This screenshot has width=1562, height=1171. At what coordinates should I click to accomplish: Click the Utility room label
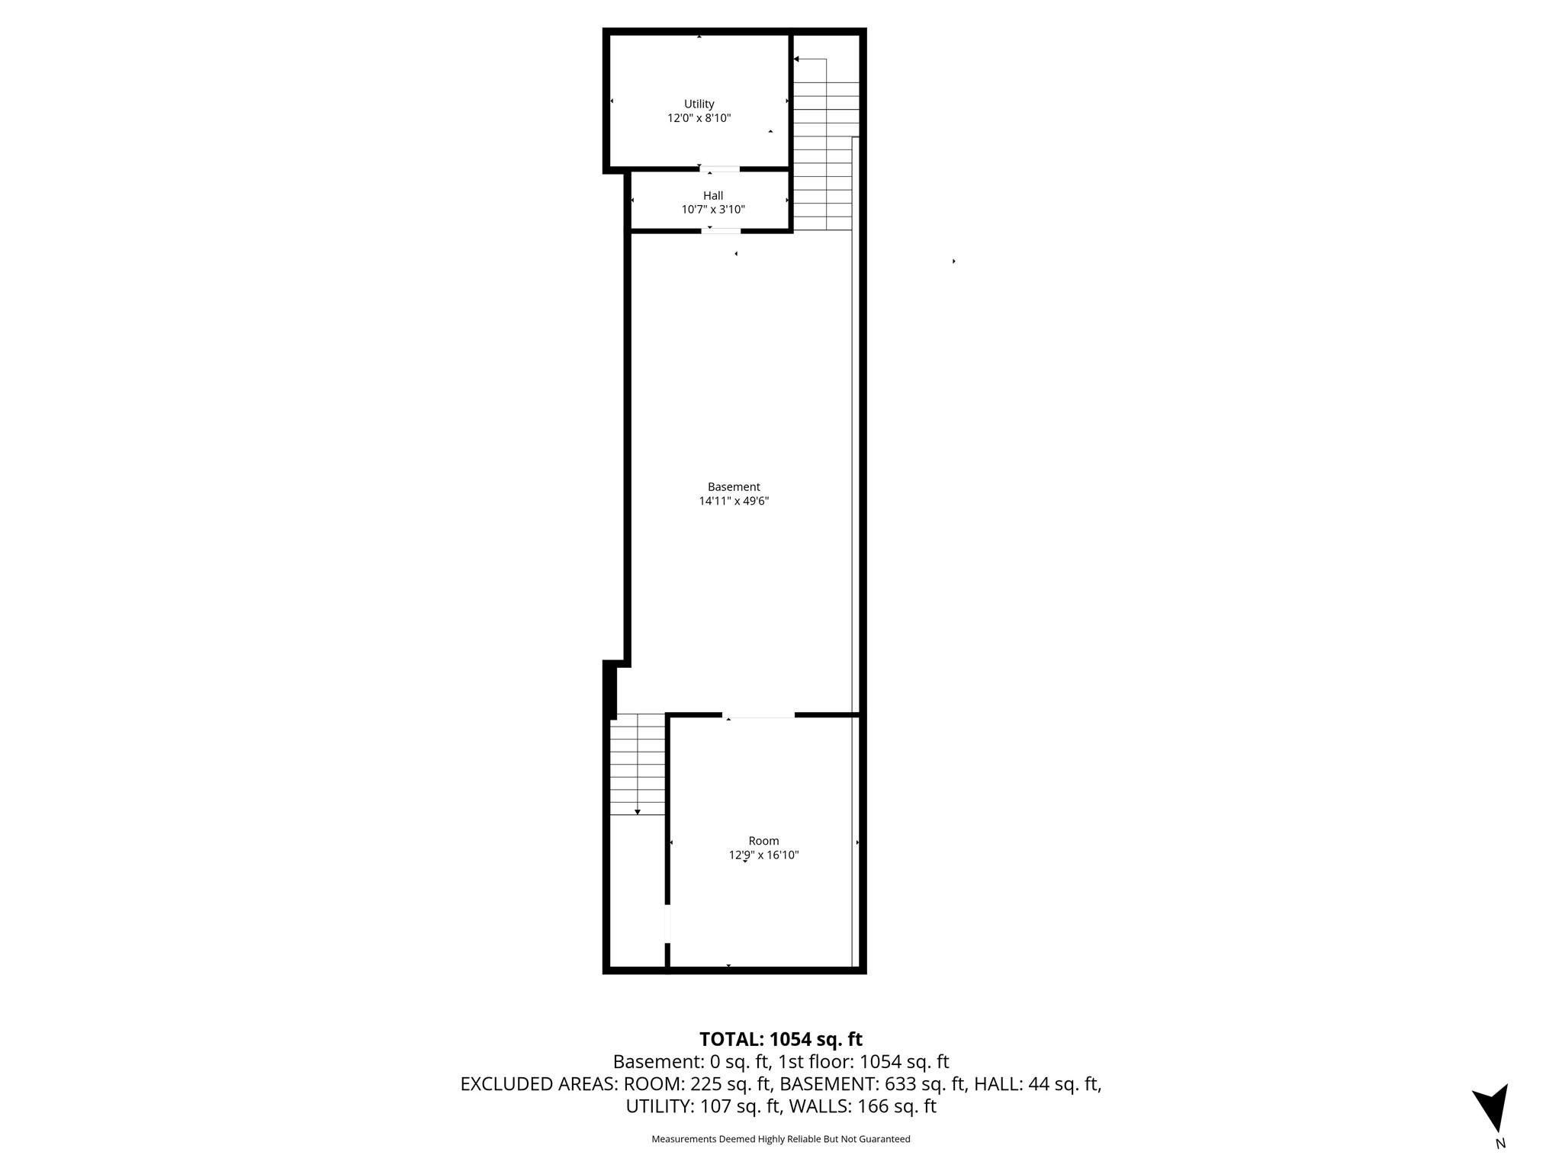point(699,104)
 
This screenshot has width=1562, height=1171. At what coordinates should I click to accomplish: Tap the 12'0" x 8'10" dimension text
point(699,118)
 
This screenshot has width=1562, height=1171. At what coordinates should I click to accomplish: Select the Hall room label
point(713,196)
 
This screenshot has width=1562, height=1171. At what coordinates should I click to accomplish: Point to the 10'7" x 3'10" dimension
point(713,210)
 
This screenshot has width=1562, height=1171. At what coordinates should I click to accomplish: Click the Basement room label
point(734,487)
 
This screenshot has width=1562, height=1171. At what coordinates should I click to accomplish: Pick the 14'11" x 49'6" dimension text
point(734,502)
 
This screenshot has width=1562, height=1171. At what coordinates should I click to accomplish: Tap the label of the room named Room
point(763,841)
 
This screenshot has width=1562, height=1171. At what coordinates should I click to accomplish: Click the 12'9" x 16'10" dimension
point(763,855)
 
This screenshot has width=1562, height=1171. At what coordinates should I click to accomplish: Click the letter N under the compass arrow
point(1500,1144)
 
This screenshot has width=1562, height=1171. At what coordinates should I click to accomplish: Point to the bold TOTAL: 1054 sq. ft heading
point(781,1039)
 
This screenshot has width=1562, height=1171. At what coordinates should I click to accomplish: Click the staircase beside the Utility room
point(825,145)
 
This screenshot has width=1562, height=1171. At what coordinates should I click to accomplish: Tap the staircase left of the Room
point(638,765)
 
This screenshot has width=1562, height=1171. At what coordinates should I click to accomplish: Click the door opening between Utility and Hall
point(720,168)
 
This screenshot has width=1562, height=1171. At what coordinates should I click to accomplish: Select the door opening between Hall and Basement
point(721,230)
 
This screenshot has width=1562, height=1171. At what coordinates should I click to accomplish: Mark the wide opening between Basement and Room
point(758,715)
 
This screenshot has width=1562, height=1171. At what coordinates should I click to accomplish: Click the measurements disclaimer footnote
point(781,1139)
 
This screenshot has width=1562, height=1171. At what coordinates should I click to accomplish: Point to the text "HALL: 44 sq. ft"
point(1038,1084)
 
